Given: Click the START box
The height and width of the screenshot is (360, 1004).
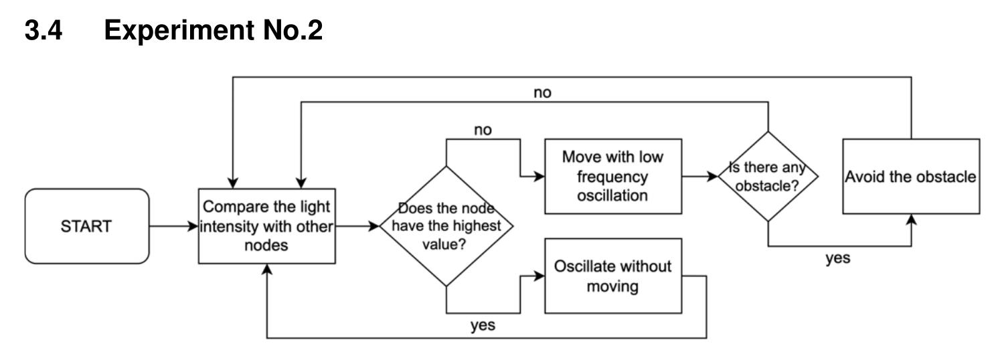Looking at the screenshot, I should click(x=86, y=226).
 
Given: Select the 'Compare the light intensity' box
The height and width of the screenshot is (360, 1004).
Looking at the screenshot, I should click(x=267, y=226).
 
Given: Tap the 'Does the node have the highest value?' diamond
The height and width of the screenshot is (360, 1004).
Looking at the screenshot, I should click(x=446, y=226).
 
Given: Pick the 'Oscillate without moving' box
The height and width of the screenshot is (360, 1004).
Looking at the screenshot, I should click(x=612, y=276).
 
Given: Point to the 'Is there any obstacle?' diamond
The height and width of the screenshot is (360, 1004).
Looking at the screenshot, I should click(x=768, y=177).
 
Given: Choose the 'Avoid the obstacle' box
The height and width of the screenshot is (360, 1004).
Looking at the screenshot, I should click(x=911, y=177).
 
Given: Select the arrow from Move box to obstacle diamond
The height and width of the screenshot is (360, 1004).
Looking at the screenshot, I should click(x=699, y=177).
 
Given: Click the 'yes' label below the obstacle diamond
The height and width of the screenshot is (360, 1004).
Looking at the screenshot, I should click(x=837, y=258).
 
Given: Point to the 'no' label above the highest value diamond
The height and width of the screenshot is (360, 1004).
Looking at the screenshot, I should click(x=482, y=130).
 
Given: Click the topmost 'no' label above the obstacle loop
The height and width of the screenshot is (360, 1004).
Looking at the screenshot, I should click(x=543, y=93).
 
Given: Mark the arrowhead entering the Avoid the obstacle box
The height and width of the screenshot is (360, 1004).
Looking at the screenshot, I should click(x=911, y=220).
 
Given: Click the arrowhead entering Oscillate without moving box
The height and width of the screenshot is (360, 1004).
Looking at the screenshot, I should click(x=539, y=276).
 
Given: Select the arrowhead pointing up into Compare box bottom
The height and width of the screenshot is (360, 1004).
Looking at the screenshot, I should click(x=267, y=268).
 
